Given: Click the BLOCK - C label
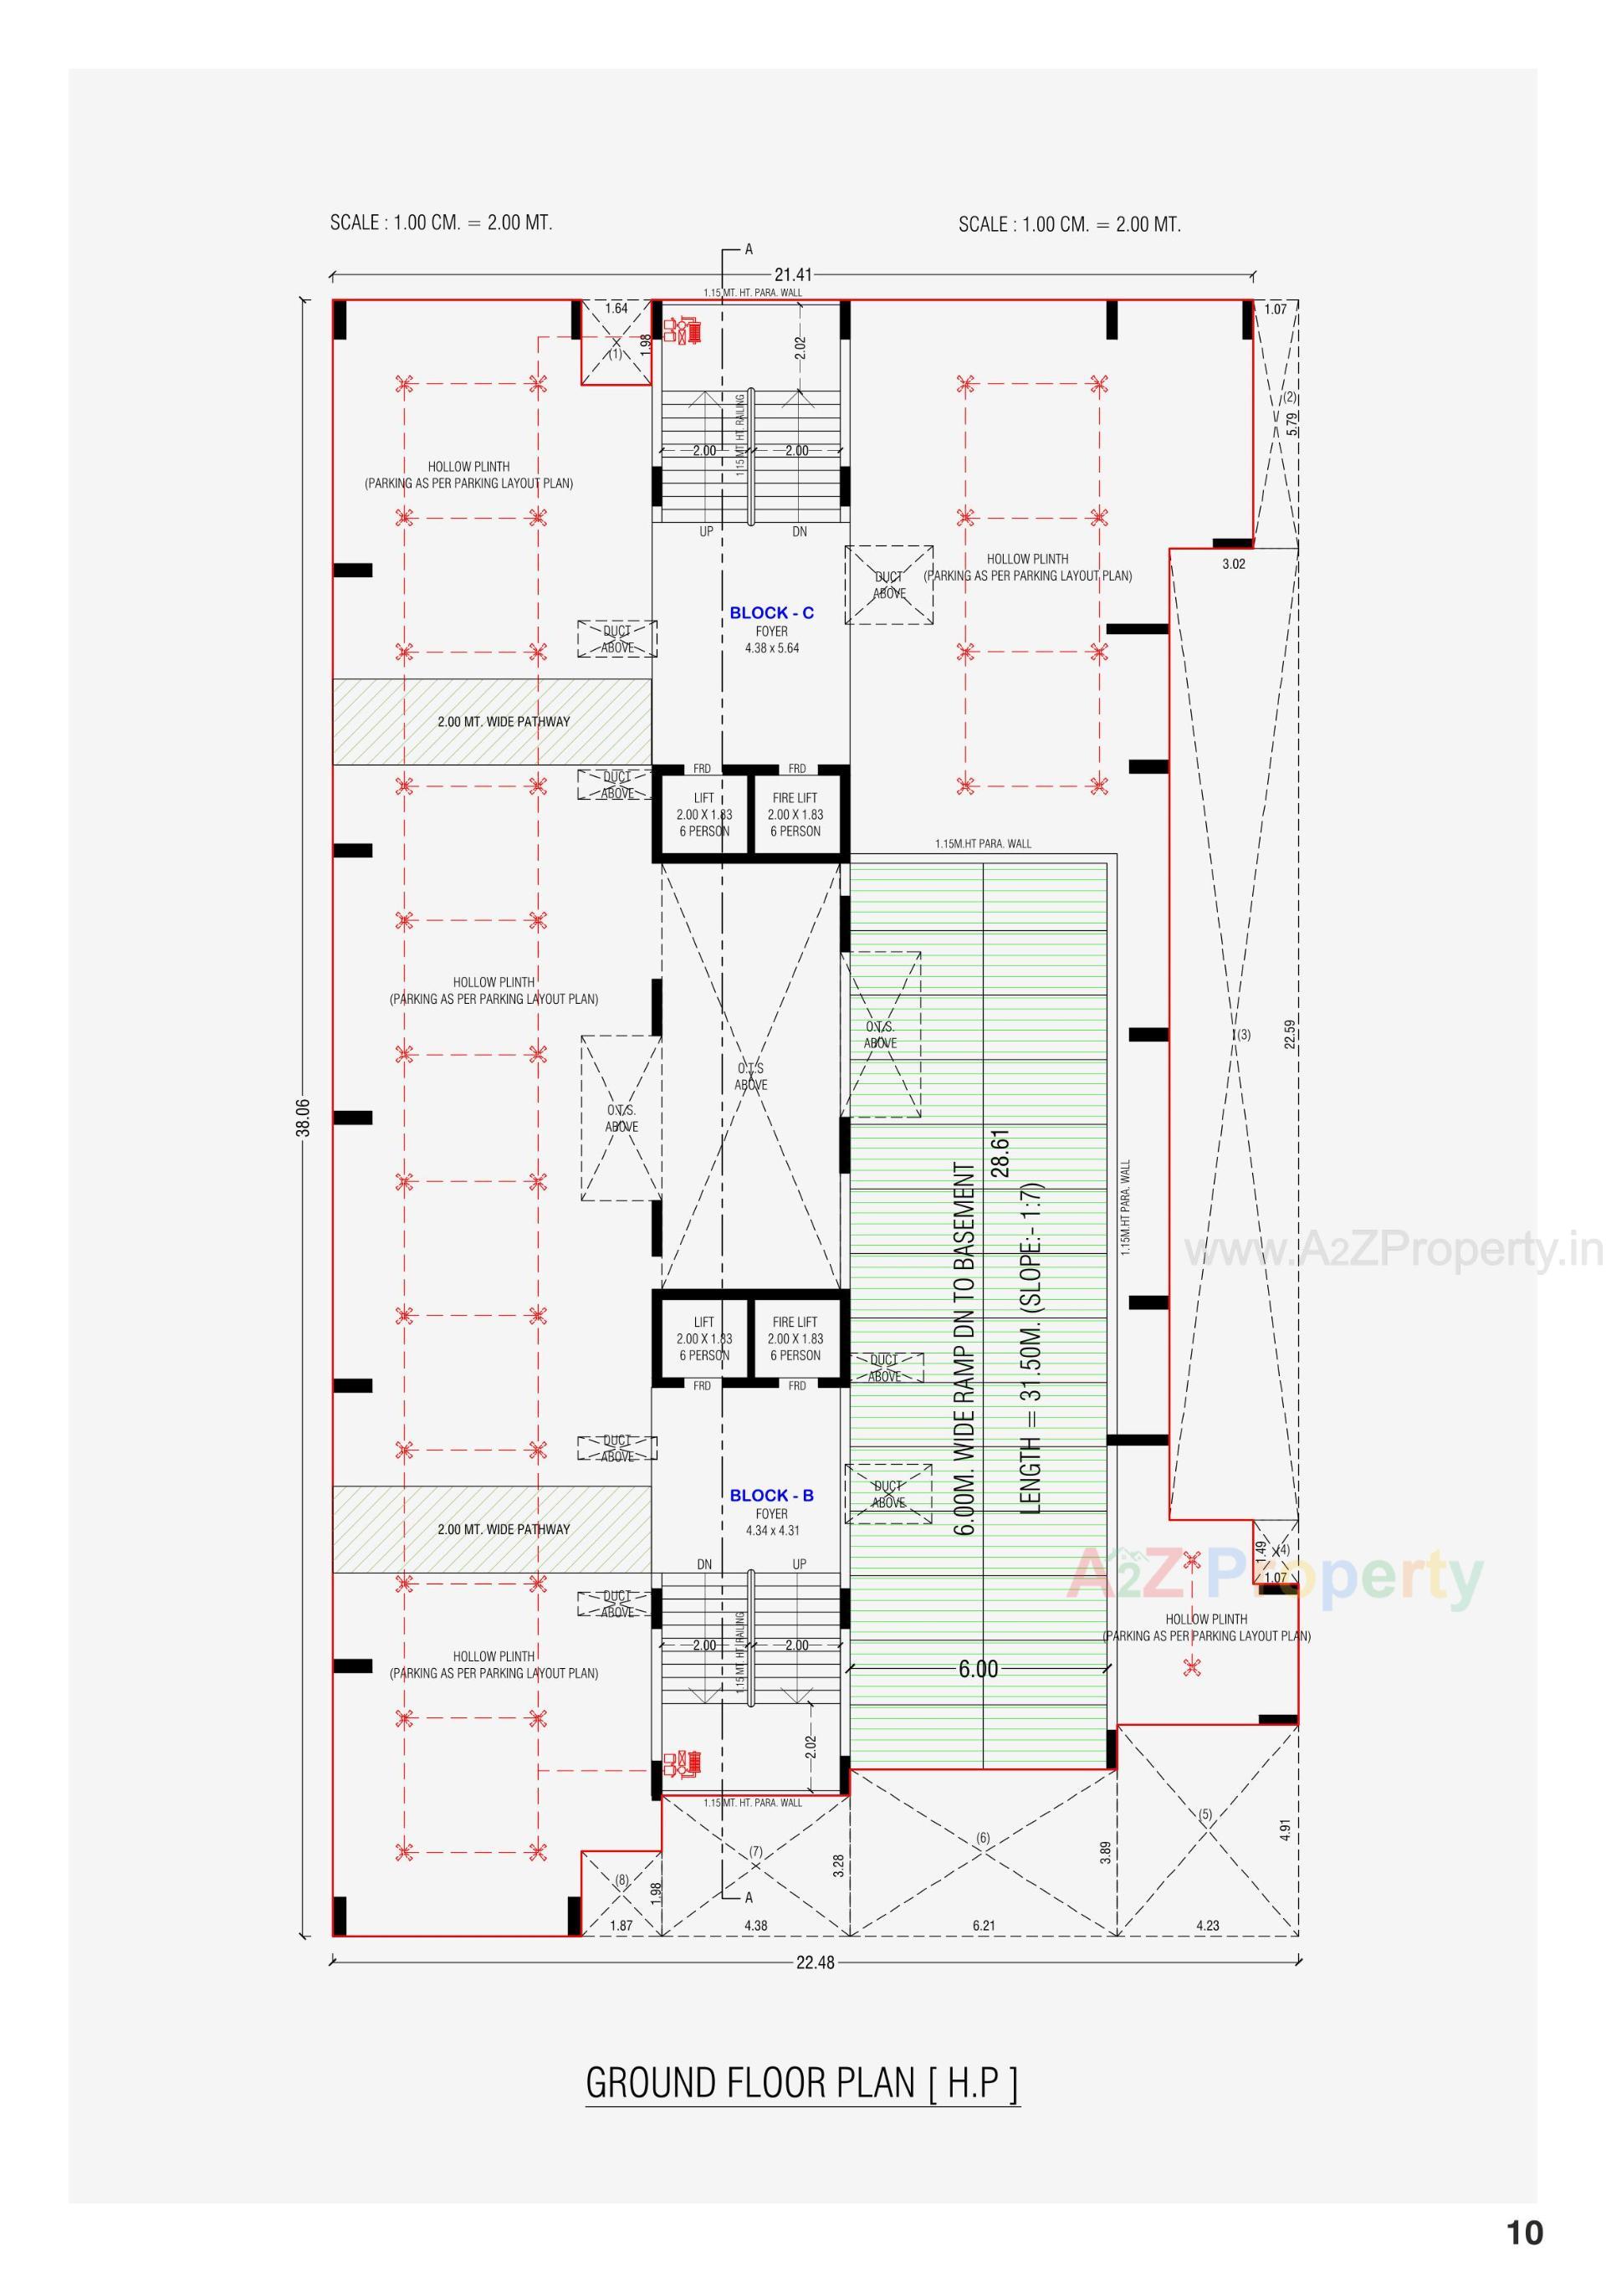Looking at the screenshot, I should [x=772, y=613].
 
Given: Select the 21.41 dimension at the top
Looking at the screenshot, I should [x=793, y=275].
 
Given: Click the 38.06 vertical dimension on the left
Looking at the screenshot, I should [x=304, y=1118].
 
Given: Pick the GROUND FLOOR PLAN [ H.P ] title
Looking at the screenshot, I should [x=802, y=2083].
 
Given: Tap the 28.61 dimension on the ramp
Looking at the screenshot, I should [x=1000, y=1153].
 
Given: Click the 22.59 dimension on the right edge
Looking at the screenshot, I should [x=1289, y=1034].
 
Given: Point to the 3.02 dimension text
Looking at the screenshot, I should [x=1233, y=564].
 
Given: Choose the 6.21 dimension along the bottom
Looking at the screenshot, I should [x=984, y=1926].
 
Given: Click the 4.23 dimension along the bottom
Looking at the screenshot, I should [x=1207, y=1926].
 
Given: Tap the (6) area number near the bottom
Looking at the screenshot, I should [x=983, y=1838].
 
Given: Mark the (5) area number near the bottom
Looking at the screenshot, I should [x=1205, y=1814].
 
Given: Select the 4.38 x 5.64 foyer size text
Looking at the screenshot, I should [x=772, y=648].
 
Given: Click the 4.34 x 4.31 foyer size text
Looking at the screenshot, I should [x=772, y=1530].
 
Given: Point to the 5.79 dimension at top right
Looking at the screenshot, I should [x=1292, y=423].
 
